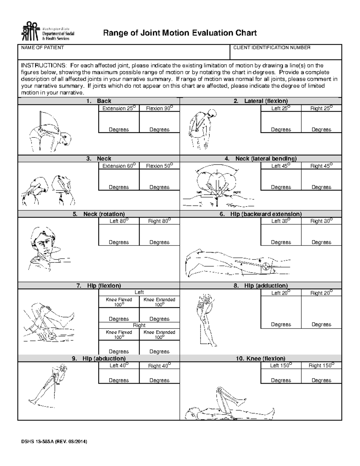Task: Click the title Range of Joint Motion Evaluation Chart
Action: (180, 33)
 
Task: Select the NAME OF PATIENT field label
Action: (42, 48)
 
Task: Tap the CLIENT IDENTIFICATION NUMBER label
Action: (271, 48)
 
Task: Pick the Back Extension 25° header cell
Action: (119, 108)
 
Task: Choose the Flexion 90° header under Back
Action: (159, 108)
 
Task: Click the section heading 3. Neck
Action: (99, 158)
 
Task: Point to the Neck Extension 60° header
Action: (119, 166)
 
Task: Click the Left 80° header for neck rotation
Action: (119, 221)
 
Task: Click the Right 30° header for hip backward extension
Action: (321, 221)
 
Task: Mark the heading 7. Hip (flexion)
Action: (99, 286)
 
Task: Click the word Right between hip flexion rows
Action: (139, 325)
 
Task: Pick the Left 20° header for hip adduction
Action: (281, 293)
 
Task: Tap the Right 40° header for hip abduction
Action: (159, 366)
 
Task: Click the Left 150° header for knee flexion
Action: (281, 365)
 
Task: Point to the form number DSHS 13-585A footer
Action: (54, 441)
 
